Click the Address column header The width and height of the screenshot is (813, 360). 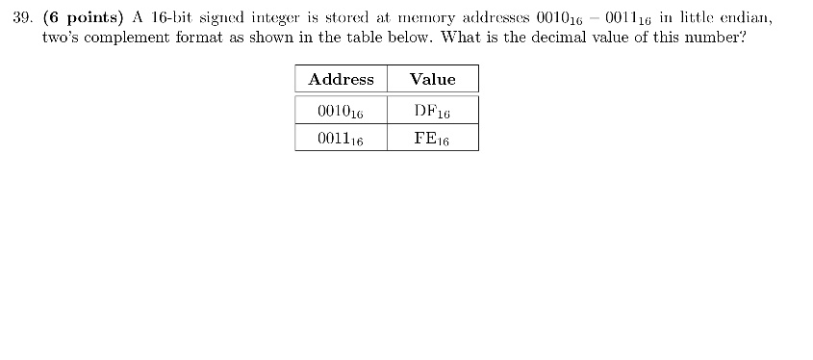tap(341, 79)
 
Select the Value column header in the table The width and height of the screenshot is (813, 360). tap(432, 79)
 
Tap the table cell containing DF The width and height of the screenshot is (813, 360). tap(432, 111)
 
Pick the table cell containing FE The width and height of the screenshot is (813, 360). tap(432, 139)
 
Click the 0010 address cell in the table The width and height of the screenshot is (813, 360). tap(341, 111)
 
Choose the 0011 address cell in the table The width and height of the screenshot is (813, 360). tap(341, 139)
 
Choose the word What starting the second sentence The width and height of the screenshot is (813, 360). tap(462, 39)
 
